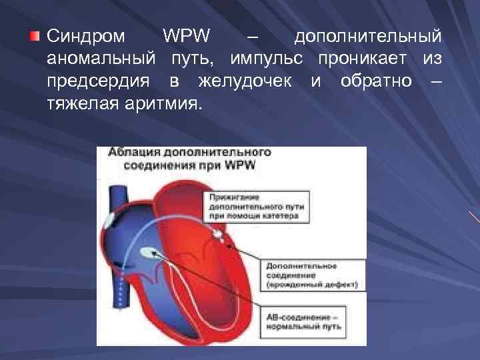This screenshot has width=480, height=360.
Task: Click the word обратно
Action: pos(370,81)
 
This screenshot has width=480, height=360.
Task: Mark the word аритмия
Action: pos(162,105)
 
